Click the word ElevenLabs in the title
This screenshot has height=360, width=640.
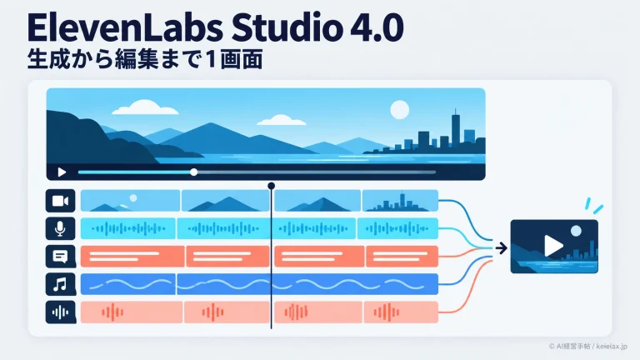click(125, 27)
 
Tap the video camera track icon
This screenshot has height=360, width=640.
click(60, 201)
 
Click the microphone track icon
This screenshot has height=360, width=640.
click(60, 228)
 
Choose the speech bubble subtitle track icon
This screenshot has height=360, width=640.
click(60, 257)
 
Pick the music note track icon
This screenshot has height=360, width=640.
click(60, 284)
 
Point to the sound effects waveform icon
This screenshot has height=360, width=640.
click(60, 312)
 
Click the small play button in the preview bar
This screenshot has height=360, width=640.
click(62, 172)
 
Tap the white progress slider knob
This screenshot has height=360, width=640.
click(194, 172)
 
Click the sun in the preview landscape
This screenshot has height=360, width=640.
click(400, 110)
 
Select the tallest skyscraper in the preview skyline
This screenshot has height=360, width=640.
click(456, 127)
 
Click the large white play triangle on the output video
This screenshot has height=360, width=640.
click(553, 246)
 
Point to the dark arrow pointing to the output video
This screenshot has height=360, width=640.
click(501, 247)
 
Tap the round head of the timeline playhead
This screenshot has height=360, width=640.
click(271, 186)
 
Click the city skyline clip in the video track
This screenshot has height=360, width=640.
click(400, 200)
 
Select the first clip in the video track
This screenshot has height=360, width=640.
click(130, 200)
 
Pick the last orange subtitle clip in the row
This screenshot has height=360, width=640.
click(402, 257)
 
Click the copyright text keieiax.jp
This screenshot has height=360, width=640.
click(612, 347)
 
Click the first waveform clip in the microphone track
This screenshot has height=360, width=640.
click(128, 228)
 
